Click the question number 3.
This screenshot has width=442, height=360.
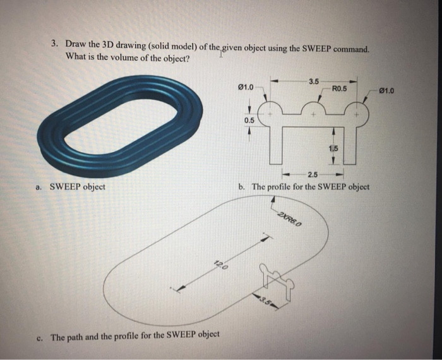point(55,45)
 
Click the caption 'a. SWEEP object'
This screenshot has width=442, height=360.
point(70,188)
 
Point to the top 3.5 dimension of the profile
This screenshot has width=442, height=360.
point(314,80)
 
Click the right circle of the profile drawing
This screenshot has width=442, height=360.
point(357,116)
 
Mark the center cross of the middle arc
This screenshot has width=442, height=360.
point(313,116)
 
